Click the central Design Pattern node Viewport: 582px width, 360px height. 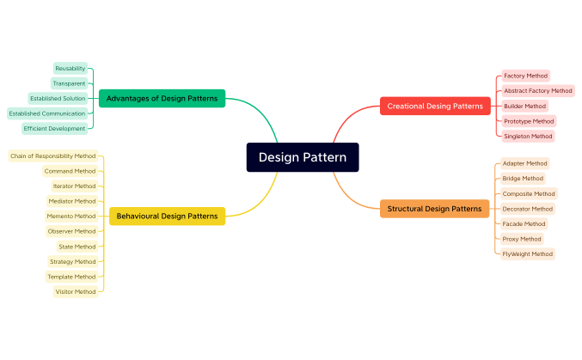tap(303, 157)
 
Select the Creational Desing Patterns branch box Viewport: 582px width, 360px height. tap(435, 106)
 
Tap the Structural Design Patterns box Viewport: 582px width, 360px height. tap(434, 208)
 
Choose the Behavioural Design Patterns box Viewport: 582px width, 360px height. tap(167, 216)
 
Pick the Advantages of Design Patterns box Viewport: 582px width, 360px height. tap(162, 98)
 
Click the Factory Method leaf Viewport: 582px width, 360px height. tap(525, 76)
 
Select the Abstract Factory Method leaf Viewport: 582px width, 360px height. tap(537, 90)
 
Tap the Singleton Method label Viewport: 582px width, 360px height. tap(528, 136)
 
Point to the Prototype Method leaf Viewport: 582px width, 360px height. tap(529, 121)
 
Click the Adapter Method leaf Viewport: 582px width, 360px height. tap(524, 163)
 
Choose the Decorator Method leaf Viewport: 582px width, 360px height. tap(528, 209)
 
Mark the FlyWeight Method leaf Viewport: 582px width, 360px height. tap(528, 254)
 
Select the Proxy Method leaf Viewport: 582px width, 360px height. tap(522, 239)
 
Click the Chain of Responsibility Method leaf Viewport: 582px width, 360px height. tap(53, 156)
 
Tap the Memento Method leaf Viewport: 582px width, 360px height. tap(71, 216)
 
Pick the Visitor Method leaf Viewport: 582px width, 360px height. tap(76, 291)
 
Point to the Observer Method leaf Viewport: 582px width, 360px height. tap(71, 231)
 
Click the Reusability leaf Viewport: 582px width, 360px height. tap(70, 68)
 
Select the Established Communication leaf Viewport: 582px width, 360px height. tap(47, 113)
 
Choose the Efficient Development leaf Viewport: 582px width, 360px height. tap(55, 128)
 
